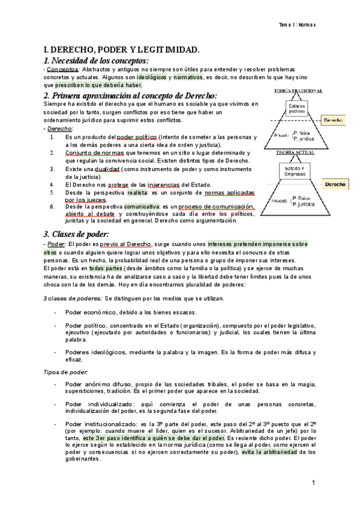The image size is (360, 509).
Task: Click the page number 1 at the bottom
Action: pyautogui.click(x=313, y=483)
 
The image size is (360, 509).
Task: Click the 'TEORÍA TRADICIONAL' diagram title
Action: pyautogui.click(x=298, y=91)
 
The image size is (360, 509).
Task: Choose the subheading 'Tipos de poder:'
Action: pyautogui.click(x=65, y=372)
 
